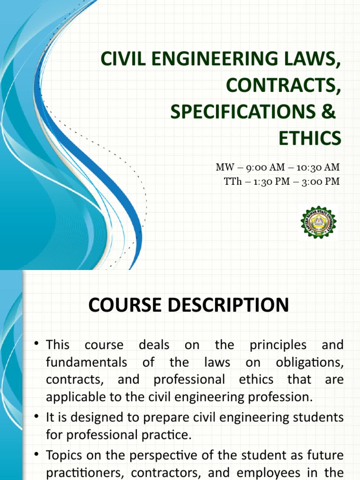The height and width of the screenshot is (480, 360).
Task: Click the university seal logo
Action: tap(319, 222)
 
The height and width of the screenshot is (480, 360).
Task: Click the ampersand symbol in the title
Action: tap(330, 112)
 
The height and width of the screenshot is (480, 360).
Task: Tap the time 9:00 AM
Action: tap(258, 167)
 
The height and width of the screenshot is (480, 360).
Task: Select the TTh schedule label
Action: tap(232, 181)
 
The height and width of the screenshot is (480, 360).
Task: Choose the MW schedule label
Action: tap(224, 167)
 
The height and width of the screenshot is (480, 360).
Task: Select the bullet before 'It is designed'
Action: tap(36, 417)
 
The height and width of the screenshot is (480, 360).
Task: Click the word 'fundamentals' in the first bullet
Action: tap(86, 362)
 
